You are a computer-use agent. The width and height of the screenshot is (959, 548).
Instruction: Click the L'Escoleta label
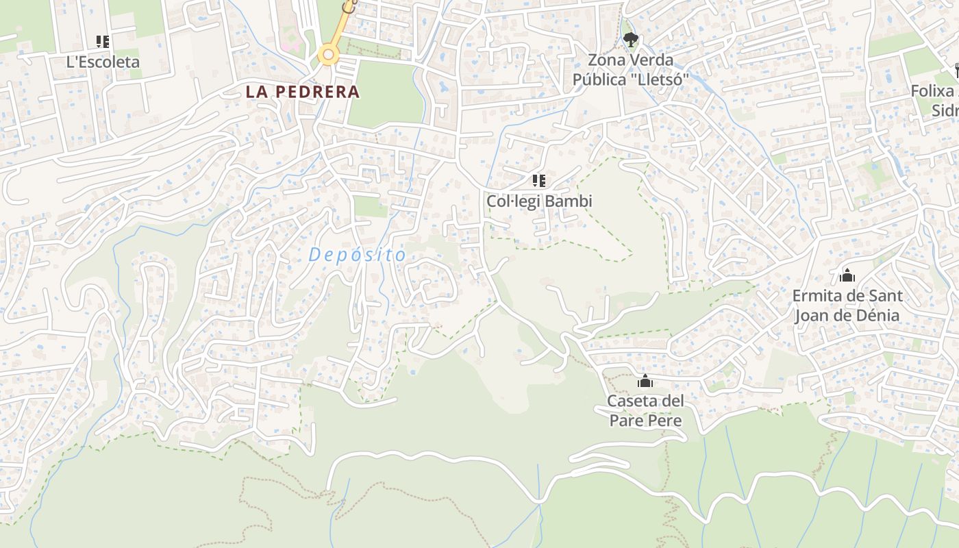click(103, 62)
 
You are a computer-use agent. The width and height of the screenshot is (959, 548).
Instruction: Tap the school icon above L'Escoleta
click(103, 42)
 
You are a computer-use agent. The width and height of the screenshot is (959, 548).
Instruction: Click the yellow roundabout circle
click(329, 55)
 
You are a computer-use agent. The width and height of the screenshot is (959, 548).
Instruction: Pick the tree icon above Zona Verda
click(630, 39)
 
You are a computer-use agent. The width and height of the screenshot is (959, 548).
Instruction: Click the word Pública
click(600, 79)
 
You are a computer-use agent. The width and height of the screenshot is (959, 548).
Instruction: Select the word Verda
click(651, 60)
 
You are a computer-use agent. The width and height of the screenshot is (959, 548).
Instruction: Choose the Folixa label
click(932, 91)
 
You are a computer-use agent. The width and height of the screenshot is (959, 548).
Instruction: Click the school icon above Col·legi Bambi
click(539, 181)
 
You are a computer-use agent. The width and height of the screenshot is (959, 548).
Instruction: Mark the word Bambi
click(570, 201)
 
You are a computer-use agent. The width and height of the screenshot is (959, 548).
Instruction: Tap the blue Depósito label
click(358, 255)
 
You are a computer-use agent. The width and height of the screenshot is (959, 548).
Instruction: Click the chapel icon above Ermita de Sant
click(847, 276)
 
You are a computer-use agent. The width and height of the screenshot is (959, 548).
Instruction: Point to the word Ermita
click(813, 297)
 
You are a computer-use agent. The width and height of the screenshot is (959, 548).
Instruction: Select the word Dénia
click(875, 316)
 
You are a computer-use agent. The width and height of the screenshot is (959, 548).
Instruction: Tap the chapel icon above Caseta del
click(645, 382)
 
